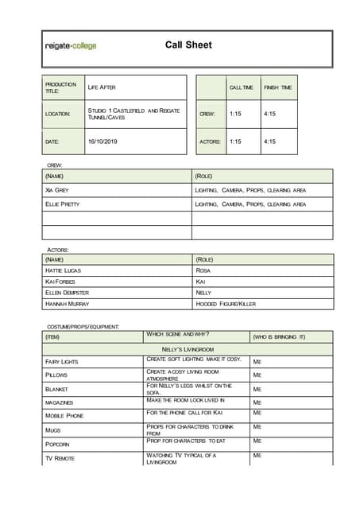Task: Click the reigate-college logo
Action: tap(71, 46)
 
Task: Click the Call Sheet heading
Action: tap(188, 45)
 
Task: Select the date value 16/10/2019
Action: tap(102, 142)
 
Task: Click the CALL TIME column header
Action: tap(241, 87)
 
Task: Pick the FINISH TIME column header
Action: tap(277, 87)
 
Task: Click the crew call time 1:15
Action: tap(234, 114)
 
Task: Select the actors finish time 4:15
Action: tap(269, 142)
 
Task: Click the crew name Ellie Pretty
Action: tap(63, 204)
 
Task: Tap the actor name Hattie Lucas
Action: tap(64, 270)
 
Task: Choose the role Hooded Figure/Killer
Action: tap(226, 304)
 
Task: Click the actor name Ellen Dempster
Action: tap(68, 293)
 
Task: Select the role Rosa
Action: tap(203, 270)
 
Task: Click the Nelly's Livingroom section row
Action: tap(188, 349)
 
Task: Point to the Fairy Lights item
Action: tap(62, 362)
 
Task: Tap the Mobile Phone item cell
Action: tap(64, 415)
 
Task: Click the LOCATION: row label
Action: tap(58, 114)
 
